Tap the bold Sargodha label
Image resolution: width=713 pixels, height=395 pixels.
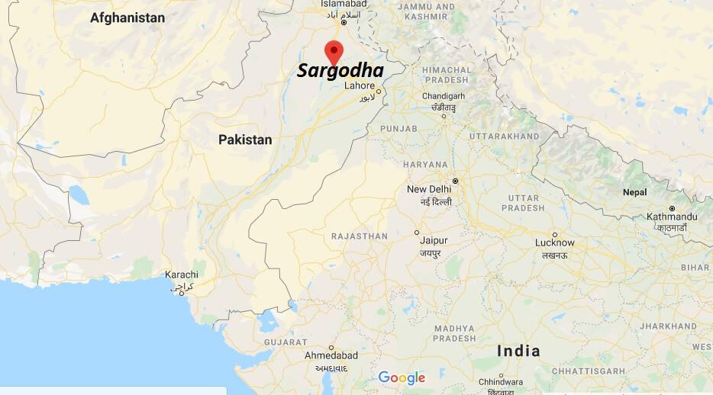click(340, 71)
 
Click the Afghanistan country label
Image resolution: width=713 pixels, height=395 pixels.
click(127, 17)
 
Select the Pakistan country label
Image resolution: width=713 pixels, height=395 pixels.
click(244, 140)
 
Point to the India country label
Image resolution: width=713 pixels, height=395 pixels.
click(518, 351)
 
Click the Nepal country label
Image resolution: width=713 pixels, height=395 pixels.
click(634, 192)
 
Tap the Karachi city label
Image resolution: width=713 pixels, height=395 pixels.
click(181, 275)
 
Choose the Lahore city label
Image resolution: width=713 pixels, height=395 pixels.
click(360, 85)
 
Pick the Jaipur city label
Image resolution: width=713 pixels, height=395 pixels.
click(433, 240)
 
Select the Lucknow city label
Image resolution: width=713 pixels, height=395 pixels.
click(554, 242)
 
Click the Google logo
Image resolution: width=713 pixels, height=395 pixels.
click(402, 377)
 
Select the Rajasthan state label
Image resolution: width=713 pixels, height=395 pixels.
click(360, 236)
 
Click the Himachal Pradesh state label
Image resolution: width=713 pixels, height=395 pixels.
click(447, 74)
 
